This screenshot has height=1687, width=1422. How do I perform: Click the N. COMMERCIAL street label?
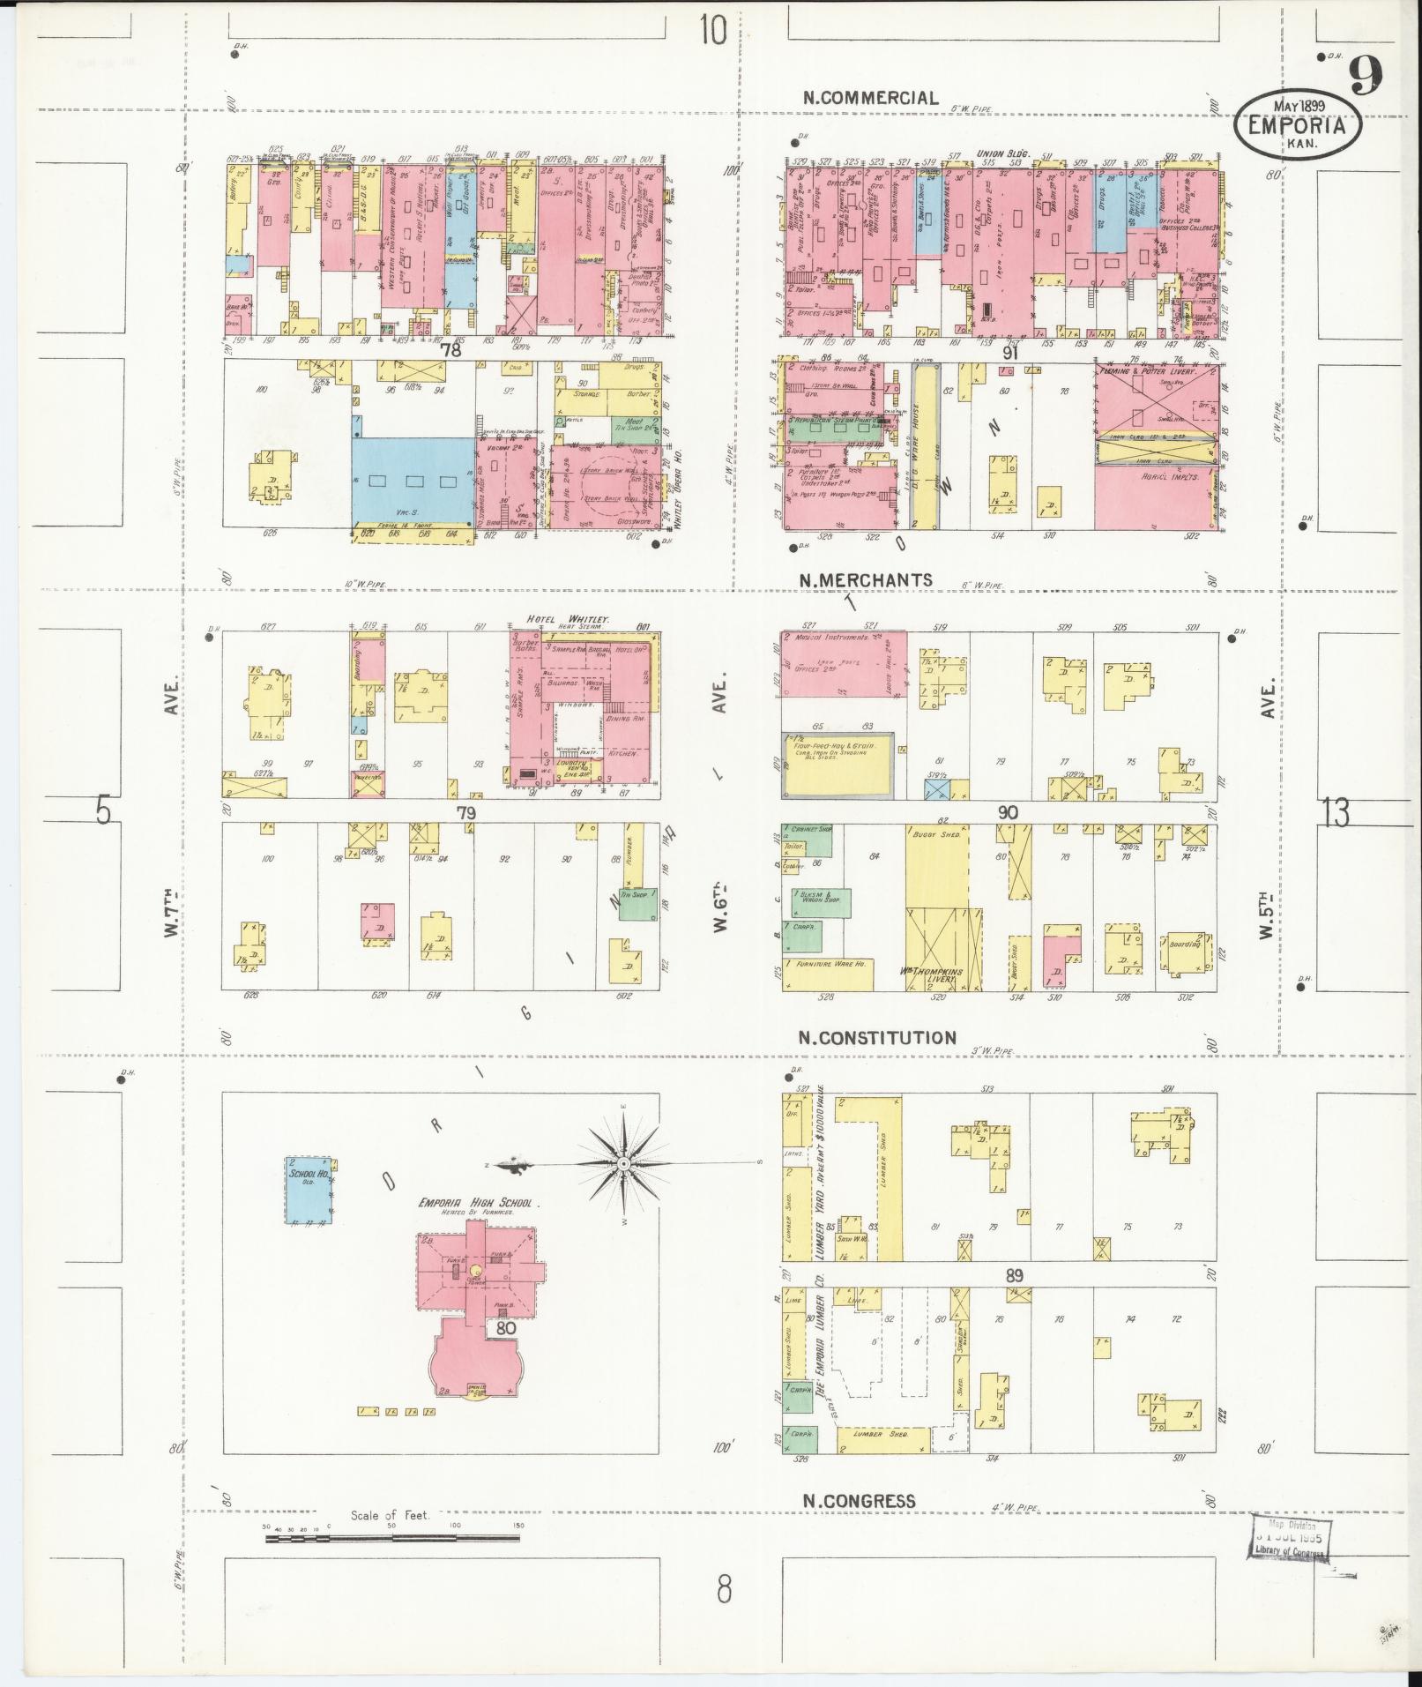[x=870, y=98]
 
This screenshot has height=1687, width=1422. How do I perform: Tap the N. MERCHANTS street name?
[x=866, y=579]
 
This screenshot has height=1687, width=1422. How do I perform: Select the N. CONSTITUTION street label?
[x=877, y=1037]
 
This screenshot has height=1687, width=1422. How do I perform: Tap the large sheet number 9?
[x=1363, y=75]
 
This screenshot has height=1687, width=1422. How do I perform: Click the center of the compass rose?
[x=623, y=1164]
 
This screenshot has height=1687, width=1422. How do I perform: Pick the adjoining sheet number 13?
[x=1336, y=812]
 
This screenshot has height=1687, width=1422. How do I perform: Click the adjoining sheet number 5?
[x=104, y=810]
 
